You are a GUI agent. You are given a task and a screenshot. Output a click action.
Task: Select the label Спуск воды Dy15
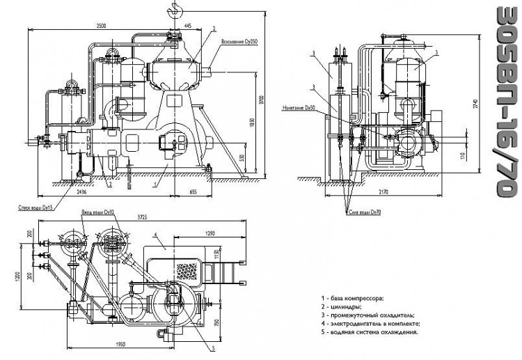35,207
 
